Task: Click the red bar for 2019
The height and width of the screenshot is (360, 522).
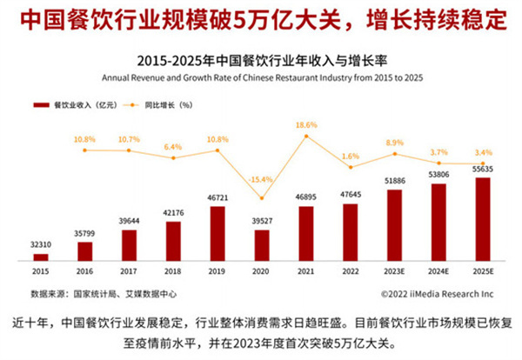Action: pyautogui.click(x=217, y=233)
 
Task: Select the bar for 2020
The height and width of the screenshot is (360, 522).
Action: pyautogui.click(x=262, y=244)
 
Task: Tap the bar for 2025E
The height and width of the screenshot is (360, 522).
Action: pyautogui.click(x=484, y=219)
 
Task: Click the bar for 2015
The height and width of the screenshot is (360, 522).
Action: pyautogui.click(x=41, y=257)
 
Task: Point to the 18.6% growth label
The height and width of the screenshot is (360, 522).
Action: pyautogui.click(x=307, y=125)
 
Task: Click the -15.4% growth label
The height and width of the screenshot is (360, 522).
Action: pyautogui.click(x=262, y=178)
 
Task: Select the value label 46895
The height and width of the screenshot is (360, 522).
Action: pyautogui.click(x=306, y=197)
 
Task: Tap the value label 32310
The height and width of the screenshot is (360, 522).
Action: pyautogui.click(x=41, y=244)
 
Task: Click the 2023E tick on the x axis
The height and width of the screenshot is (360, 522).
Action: pyautogui.click(x=395, y=271)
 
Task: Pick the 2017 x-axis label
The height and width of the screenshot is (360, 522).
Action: pyautogui.click(x=129, y=271)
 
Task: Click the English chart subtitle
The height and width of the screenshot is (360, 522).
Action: pyautogui.click(x=261, y=77)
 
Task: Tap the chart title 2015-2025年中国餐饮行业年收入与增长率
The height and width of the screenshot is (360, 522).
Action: pyautogui.click(x=261, y=61)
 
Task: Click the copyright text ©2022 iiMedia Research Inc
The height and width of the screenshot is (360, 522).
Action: pyautogui.click(x=436, y=292)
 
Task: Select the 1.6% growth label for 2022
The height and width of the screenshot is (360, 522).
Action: pyautogui.click(x=351, y=156)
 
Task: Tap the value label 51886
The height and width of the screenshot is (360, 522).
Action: pyautogui.click(x=395, y=180)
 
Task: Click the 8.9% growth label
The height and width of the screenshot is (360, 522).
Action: pyautogui.click(x=395, y=142)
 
